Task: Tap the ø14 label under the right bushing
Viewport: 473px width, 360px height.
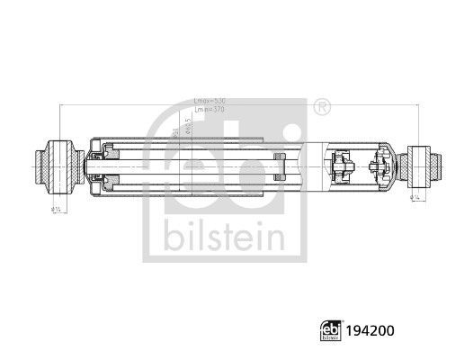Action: pos(415,197)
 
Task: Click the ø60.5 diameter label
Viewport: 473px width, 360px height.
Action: pos(188,127)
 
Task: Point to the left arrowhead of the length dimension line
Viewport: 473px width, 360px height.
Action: pos(60,105)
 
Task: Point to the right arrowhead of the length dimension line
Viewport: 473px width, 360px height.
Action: pos(419,105)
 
